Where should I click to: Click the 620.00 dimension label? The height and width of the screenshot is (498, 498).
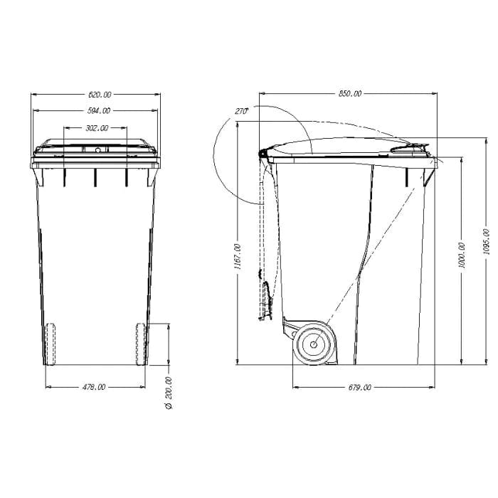(x=99, y=94)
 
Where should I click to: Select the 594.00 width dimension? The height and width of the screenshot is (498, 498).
(x=99, y=111)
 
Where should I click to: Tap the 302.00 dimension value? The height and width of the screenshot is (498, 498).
(x=96, y=129)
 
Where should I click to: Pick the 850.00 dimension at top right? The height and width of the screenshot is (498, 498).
(x=349, y=94)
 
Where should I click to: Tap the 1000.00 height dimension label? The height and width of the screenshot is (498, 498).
(x=462, y=255)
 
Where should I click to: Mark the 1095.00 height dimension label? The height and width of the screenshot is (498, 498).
(x=486, y=241)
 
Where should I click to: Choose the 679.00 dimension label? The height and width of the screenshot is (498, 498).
(x=359, y=388)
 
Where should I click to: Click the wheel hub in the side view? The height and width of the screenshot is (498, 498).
(x=312, y=344)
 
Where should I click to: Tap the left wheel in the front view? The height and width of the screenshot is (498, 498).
(x=50, y=344)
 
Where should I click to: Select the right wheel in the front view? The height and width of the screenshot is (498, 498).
(x=140, y=344)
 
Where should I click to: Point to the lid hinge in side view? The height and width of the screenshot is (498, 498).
(x=264, y=152)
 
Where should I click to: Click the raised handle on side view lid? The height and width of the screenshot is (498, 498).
(x=411, y=147)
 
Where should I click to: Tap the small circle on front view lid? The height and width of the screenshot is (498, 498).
(x=95, y=150)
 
